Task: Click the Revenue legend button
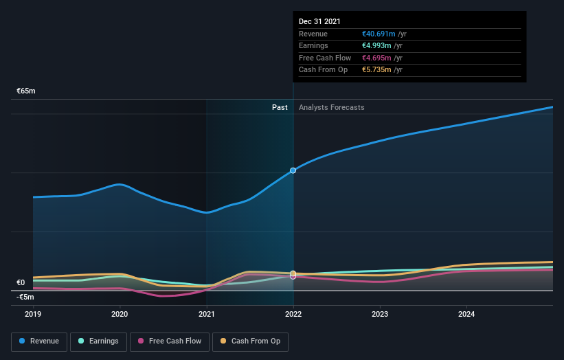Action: pos(39,341)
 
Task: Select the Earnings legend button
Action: pos(98,341)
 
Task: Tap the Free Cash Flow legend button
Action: pos(170,341)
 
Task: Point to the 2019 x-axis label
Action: pos(33,314)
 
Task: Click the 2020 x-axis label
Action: pos(120,314)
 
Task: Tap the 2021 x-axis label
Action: pos(206,314)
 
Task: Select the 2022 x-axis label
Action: pos(293,314)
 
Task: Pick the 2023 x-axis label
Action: pos(380,314)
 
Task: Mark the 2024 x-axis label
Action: pos(466,314)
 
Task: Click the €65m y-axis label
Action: pos(26,91)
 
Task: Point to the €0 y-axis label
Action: pos(21,282)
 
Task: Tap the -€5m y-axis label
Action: pos(25,297)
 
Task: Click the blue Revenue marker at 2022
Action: pos(293,170)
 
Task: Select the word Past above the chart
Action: pos(280,107)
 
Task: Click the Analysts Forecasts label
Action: pos(332,107)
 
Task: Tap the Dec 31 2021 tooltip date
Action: pos(319,22)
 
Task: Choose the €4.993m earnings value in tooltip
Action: pos(377,45)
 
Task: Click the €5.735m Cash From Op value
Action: pos(377,69)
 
